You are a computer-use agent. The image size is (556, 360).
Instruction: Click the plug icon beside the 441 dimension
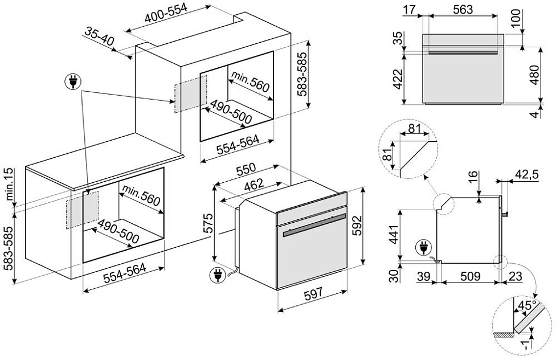423,248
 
